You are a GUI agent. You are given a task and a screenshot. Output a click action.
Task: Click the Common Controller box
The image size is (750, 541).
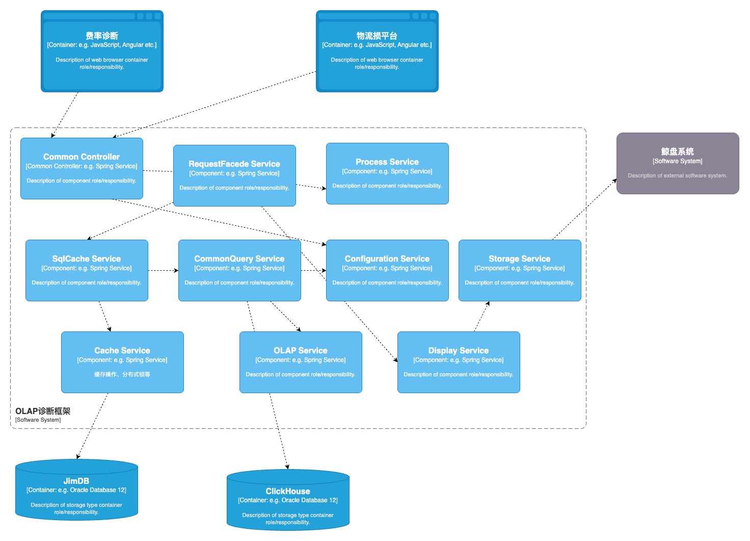[82, 168]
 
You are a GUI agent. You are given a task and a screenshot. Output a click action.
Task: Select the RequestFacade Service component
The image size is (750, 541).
[234, 175]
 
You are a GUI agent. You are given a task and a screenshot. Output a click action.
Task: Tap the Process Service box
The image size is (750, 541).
[387, 173]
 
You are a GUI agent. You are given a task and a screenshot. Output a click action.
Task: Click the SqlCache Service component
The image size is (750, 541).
[87, 270]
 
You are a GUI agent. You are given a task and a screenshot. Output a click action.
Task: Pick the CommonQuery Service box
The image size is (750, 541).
[240, 270]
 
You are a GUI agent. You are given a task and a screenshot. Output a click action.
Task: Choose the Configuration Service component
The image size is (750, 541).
[387, 270]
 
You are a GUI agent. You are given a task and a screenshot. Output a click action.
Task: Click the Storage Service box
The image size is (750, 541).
[520, 270]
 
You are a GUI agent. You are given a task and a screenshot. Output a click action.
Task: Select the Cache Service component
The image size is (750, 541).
[123, 362]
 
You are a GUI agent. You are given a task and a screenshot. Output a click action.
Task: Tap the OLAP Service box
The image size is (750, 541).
[301, 362]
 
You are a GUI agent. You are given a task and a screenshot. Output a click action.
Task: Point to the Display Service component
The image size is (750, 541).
[459, 362]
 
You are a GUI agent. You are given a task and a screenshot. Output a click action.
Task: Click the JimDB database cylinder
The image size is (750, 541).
[76, 490]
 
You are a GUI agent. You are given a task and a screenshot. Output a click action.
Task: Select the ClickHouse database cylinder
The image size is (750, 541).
[288, 500]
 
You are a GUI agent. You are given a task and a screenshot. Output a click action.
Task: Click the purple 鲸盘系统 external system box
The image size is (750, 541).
[678, 163]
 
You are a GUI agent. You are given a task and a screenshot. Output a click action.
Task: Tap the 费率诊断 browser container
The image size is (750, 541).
[102, 51]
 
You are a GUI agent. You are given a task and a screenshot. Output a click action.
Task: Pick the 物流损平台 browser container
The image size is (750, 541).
[378, 51]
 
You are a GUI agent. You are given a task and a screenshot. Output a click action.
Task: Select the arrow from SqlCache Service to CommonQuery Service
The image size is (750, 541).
[164, 270]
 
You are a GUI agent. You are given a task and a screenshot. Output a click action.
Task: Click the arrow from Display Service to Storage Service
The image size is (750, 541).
[482, 316]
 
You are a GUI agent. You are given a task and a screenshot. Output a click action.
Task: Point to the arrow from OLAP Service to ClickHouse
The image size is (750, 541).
[279, 431]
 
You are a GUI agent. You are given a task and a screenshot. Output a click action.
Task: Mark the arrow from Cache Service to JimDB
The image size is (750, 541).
[92, 426]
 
